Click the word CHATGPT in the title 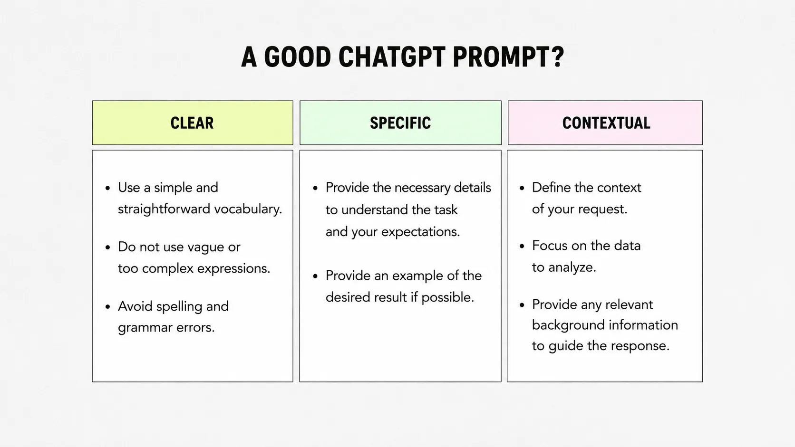click(392, 57)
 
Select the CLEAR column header click(193, 123)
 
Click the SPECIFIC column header click(400, 123)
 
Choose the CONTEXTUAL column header click(605, 123)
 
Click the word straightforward click(164, 209)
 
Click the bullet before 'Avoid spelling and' click(108, 306)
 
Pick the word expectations click(420, 232)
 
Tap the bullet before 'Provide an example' click(315, 276)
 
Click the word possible click(447, 298)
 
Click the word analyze click(572, 268)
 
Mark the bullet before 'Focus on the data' click(522, 246)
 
